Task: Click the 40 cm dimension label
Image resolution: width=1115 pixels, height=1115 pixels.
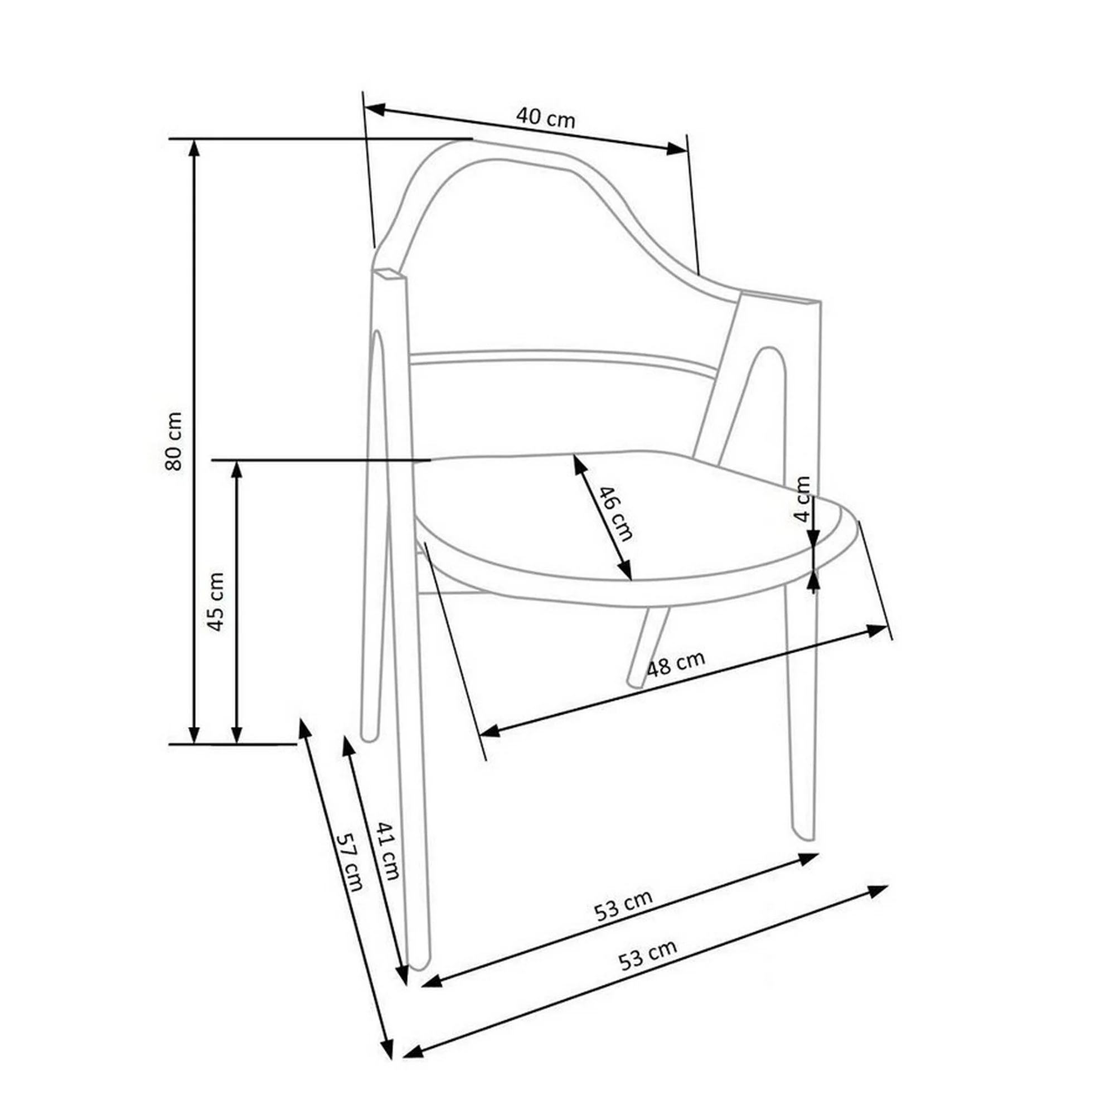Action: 545,118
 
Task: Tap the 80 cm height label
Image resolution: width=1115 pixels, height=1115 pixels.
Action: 174,441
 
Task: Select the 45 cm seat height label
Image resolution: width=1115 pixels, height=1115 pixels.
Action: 216,602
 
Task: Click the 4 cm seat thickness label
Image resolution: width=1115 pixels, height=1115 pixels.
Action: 803,498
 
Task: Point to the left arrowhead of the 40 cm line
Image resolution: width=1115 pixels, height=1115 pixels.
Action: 374,109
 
